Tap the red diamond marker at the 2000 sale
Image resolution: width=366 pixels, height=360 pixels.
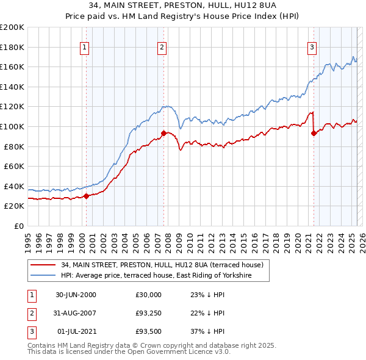(x=87, y=196)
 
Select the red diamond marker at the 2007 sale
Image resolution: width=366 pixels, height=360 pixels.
(x=163, y=133)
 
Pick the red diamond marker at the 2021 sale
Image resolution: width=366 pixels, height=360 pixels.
(x=314, y=134)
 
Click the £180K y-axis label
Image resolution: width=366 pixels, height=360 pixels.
(x=12, y=47)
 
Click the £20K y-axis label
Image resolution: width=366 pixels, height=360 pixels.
(x=13, y=206)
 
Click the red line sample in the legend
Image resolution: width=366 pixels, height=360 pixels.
(x=43, y=265)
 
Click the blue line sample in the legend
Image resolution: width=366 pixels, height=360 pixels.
(x=43, y=276)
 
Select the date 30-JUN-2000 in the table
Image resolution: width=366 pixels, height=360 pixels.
(x=76, y=295)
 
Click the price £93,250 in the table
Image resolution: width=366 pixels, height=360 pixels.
(x=149, y=313)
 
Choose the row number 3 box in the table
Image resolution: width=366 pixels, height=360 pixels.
(x=31, y=331)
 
